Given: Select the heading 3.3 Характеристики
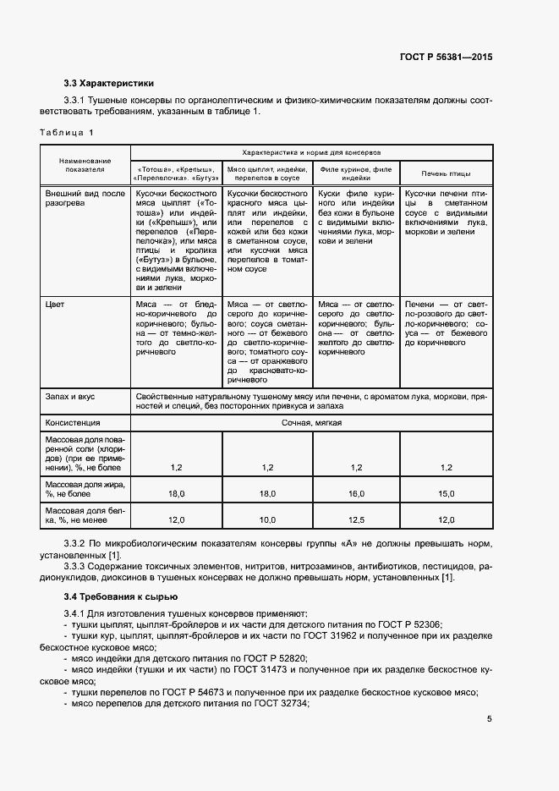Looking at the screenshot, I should coord(108,83).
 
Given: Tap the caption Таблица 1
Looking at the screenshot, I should coord(68,132).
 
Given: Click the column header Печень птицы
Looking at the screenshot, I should coord(447,173).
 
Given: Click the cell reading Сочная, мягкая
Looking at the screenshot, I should coord(311,422).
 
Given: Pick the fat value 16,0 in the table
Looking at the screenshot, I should coord(356,492).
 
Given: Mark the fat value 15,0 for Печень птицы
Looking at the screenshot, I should coord(447,492).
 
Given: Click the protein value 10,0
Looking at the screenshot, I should coord(267,519).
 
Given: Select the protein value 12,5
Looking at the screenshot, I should coord(356,519).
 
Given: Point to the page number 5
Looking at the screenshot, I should coord(490,720).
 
